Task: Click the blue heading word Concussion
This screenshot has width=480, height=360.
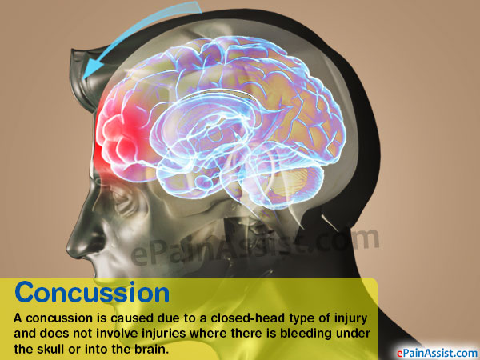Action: coord(92,292)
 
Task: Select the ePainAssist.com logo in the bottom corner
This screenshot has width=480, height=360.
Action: coord(437,353)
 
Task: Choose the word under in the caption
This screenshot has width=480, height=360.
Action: coord(353,334)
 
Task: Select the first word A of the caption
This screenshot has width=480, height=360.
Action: coord(18,318)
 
